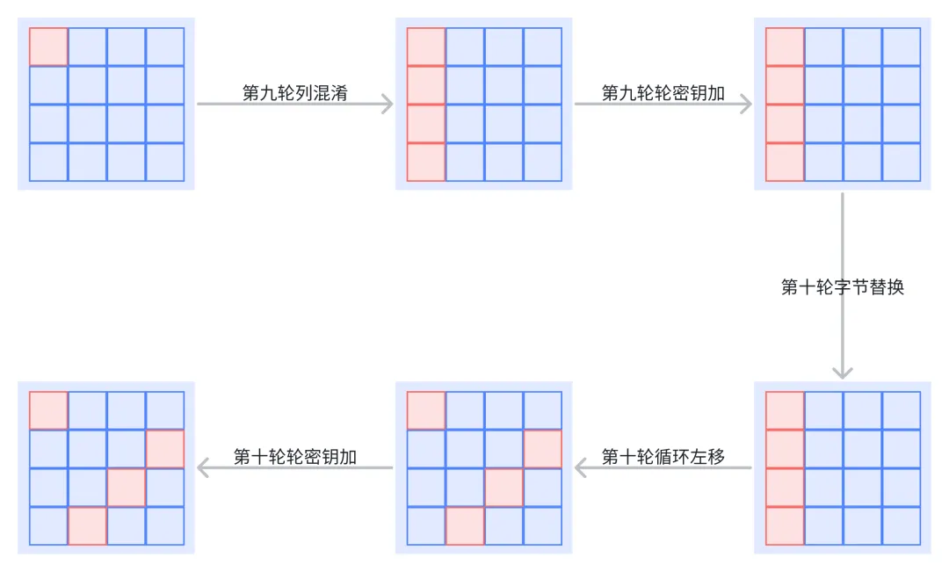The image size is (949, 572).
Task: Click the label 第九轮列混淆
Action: [294, 93]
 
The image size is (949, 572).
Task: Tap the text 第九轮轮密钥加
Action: [663, 93]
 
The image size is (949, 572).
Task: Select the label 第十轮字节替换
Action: [842, 287]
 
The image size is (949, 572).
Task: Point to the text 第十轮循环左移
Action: [663, 457]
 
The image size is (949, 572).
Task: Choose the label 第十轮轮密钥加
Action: [294, 457]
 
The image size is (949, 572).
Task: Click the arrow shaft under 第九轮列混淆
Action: [294, 104]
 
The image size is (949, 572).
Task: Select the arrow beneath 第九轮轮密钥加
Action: [663, 104]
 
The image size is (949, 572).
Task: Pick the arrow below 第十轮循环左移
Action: [663, 468]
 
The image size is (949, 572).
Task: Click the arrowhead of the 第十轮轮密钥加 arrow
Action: [203, 468]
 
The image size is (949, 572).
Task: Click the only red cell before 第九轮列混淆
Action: [48, 47]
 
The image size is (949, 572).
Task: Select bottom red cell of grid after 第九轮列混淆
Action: [426, 162]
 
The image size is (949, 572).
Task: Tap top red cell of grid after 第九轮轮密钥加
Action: [785, 47]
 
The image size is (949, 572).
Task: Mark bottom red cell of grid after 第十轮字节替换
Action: [785, 525]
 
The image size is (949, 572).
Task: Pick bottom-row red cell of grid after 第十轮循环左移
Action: [465, 525]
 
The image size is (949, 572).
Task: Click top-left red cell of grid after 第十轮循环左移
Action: [426, 410]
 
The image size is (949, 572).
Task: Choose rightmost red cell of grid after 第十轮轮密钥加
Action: [164, 449]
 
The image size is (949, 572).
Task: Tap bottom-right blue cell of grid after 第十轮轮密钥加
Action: [164, 525]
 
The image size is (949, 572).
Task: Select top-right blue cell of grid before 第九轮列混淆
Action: [164, 47]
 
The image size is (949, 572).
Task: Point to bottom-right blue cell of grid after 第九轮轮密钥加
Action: [901, 162]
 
